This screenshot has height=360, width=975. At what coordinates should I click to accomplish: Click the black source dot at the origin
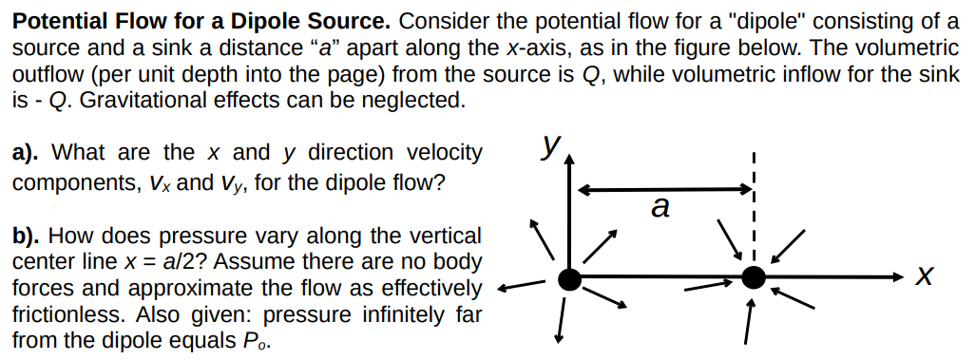point(569,278)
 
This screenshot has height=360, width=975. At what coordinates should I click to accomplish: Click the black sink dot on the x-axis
point(753,277)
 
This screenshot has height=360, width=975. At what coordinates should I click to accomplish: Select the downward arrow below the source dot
point(562,320)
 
